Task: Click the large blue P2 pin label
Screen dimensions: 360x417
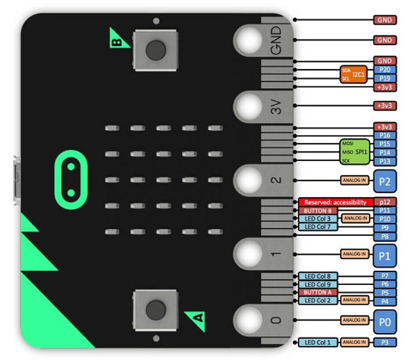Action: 385,181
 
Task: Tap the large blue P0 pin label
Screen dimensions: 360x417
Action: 385,320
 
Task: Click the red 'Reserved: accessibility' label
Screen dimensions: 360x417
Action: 335,202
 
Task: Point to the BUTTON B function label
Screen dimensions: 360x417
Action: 317,211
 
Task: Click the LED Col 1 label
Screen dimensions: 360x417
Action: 318,342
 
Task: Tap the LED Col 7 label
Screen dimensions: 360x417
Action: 318,227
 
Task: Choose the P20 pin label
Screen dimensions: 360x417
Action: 385,70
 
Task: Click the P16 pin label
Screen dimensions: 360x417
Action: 385,135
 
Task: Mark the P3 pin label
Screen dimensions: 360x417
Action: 385,342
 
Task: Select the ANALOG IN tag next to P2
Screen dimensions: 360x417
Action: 354,181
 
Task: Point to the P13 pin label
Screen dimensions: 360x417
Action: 385,161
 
